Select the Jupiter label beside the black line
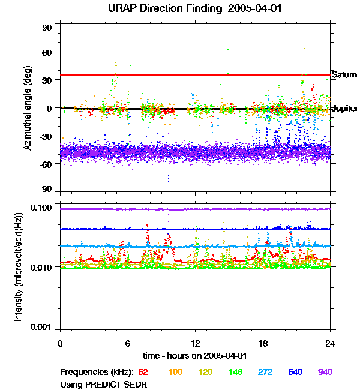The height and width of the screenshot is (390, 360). pos(344,109)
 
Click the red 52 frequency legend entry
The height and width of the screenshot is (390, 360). pos(143,372)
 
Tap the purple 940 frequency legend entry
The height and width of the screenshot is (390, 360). pos(325,372)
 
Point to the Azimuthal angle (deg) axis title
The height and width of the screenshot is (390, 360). pos(28,108)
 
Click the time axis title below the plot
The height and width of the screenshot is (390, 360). pos(196,356)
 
